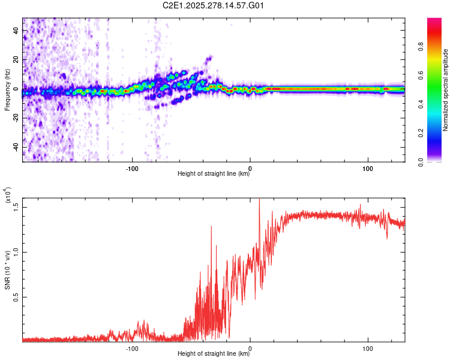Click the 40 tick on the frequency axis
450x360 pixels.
point(16,31)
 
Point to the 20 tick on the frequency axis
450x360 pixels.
point(16,60)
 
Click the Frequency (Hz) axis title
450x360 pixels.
point(7,89)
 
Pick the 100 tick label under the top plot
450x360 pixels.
point(368,168)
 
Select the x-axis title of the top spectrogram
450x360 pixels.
point(214,174)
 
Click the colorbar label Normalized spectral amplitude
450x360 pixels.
point(446,89)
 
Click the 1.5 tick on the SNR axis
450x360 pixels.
point(16,206)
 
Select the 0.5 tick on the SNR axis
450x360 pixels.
point(16,296)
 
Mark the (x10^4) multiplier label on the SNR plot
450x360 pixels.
point(8,196)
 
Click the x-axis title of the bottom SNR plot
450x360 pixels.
point(214,354)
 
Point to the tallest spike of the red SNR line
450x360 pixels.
point(259,199)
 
